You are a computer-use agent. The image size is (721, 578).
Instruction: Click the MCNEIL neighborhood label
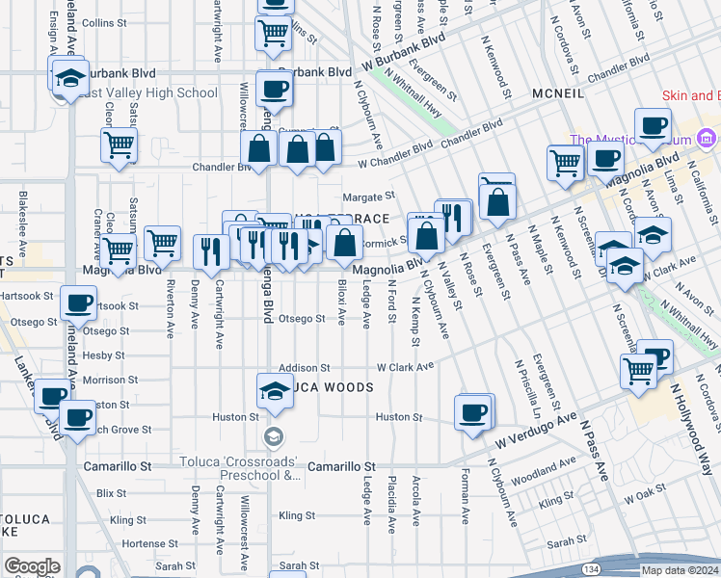(558, 94)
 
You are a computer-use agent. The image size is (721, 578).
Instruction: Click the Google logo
(32, 566)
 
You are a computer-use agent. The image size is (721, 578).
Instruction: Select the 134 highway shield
(591, 569)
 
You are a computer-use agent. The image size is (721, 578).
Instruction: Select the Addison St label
(305, 368)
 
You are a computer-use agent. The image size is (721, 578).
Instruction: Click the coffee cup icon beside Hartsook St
(77, 302)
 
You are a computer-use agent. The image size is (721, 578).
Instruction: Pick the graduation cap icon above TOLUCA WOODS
(274, 389)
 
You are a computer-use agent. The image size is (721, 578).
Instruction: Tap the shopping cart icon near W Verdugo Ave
(639, 372)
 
